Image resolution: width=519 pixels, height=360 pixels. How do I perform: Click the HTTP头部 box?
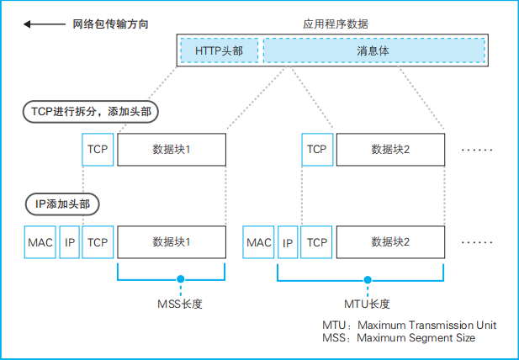click(x=219, y=50)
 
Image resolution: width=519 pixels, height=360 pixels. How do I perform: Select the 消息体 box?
click(x=373, y=50)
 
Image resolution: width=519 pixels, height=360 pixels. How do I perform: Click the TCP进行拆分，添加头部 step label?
click(x=90, y=111)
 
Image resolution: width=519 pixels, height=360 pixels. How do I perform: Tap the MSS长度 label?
click(x=180, y=303)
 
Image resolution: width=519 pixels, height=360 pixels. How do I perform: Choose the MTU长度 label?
click(x=368, y=303)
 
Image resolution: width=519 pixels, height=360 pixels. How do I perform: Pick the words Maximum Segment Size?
click(x=416, y=337)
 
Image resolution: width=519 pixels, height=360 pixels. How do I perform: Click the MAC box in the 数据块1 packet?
click(x=40, y=242)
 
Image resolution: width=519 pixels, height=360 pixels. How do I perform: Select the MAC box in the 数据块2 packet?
click(x=259, y=242)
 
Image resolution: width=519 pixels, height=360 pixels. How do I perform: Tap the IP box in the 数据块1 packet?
click(x=71, y=242)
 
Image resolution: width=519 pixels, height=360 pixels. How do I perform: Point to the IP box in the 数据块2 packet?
click(x=288, y=242)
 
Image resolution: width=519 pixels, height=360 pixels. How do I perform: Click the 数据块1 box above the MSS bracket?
click(x=172, y=242)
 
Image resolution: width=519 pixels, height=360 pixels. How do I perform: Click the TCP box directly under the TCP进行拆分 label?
click(x=98, y=150)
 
